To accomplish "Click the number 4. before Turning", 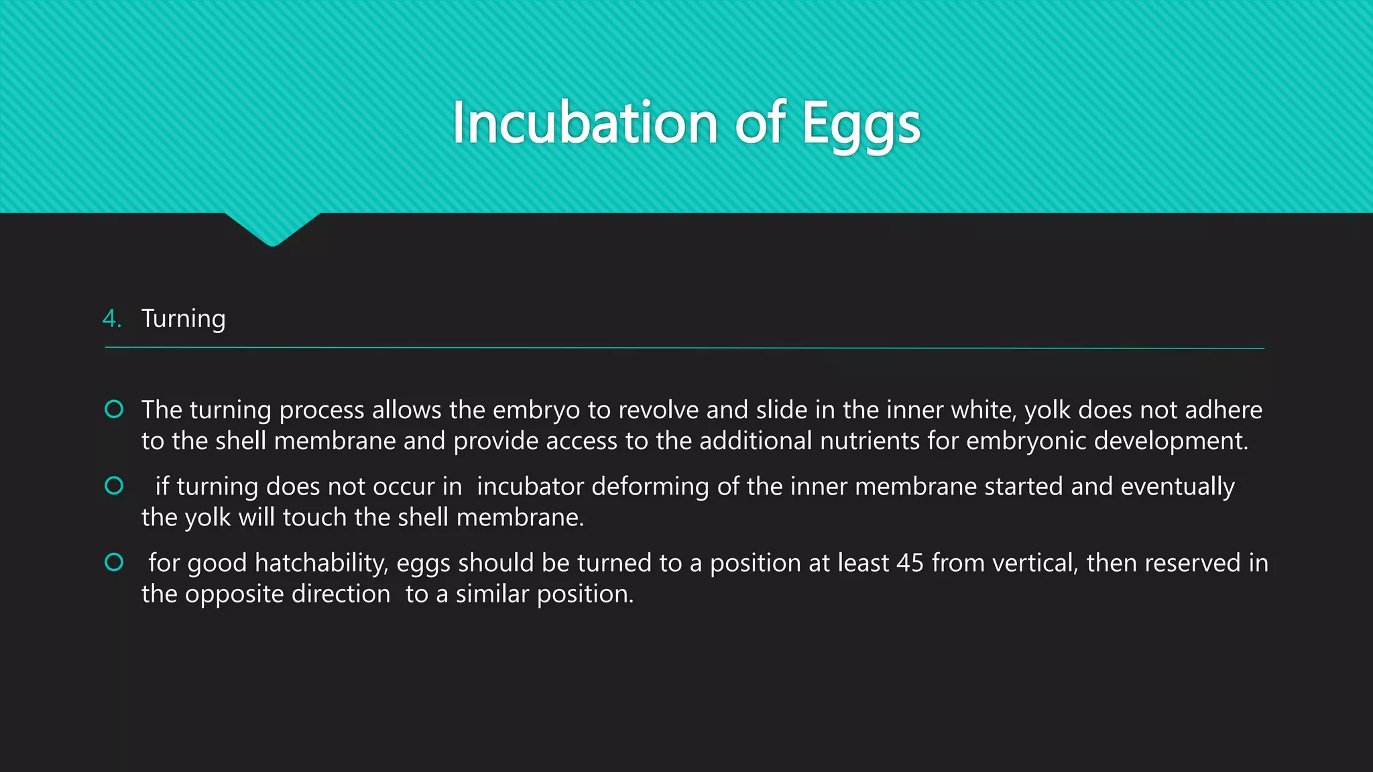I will pyautogui.click(x=111, y=318).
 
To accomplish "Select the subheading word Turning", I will pyautogui.click(x=183, y=319).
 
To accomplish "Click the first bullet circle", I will pyautogui.click(x=114, y=409).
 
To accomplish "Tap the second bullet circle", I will pyautogui.click(x=114, y=485).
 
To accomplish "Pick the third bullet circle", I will pyautogui.click(x=114, y=562).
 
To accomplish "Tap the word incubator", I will pyautogui.click(x=530, y=487).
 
